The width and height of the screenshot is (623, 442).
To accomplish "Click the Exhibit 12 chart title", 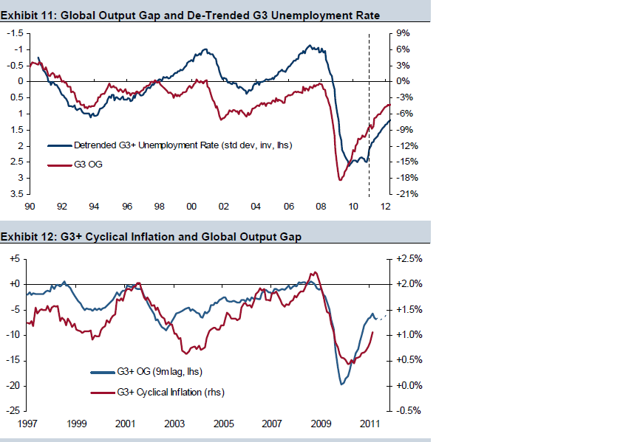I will click(151, 237).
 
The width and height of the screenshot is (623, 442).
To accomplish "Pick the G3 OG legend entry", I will click(88, 165).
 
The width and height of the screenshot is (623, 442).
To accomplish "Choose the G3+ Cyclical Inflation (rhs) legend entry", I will click(170, 393).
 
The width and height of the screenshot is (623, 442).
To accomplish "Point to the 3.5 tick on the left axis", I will click(15, 194).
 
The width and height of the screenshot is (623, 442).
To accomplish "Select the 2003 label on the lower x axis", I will click(174, 424).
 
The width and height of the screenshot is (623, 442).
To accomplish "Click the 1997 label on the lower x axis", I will click(28, 424).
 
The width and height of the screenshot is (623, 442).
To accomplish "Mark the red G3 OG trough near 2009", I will click(340, 179).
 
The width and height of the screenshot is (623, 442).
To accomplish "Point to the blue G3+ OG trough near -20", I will click(341, 384).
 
